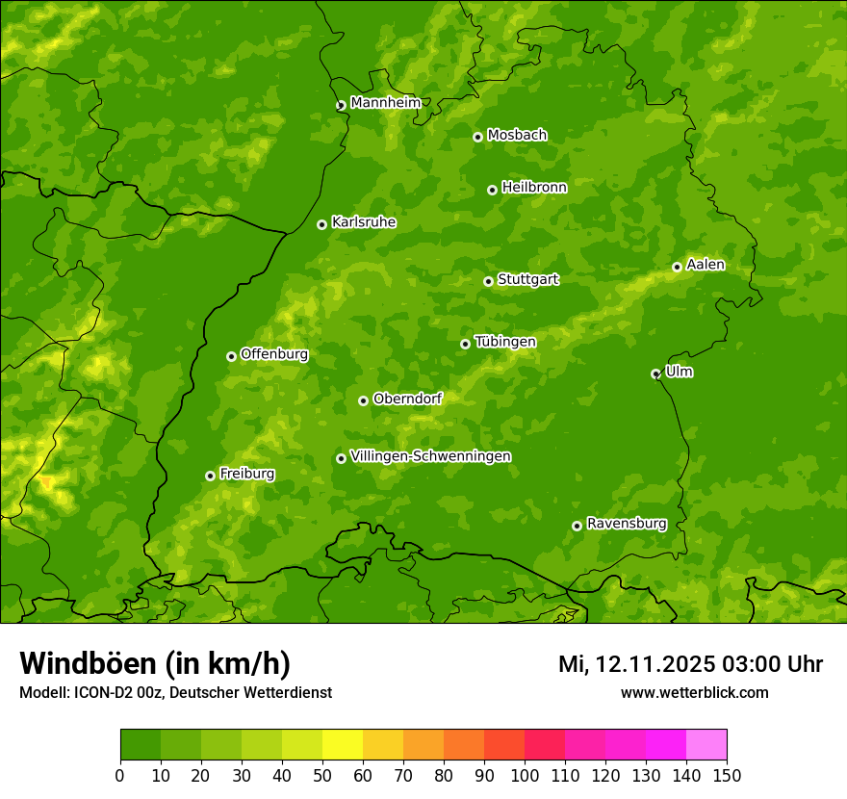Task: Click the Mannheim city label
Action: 385,103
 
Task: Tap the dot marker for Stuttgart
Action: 488,281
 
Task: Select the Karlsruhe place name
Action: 363,222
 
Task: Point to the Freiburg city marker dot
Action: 210,476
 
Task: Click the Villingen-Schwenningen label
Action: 430,456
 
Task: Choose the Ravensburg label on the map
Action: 626,524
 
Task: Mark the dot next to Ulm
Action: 655,374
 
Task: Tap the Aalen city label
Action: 705,265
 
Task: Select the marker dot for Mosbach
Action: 477,137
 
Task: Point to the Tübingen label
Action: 504,342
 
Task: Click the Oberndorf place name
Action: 407,399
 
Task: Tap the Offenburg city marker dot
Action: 231,356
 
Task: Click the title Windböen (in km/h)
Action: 155,663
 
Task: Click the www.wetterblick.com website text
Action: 694,692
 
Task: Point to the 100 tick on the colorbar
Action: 525,774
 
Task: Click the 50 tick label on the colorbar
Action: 322,774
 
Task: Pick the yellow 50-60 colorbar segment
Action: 343,744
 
